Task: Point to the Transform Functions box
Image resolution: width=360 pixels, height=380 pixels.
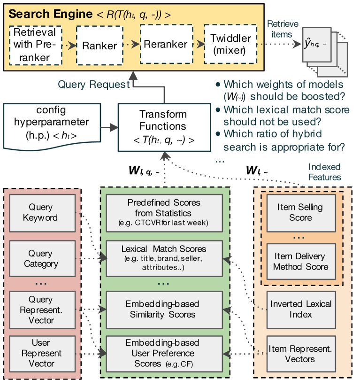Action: click(x=163, y=127)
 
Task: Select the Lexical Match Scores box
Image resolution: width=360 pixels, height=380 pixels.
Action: click(x=164, y=258)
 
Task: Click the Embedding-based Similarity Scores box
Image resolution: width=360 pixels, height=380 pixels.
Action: click(x=164, y=309)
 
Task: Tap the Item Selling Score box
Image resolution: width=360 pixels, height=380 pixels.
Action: click(x=301, y=212)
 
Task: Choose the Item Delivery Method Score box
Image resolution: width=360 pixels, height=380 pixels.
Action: click(x=301, y=261)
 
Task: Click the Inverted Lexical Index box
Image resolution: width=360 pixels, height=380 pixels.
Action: click(x=301, y=309)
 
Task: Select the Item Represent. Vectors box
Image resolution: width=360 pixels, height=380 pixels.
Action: click(x=301, y=354)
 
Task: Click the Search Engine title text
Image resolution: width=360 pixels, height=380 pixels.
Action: click(x=50, y=14)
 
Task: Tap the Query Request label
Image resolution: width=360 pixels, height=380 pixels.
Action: click(x=93, y=85)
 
